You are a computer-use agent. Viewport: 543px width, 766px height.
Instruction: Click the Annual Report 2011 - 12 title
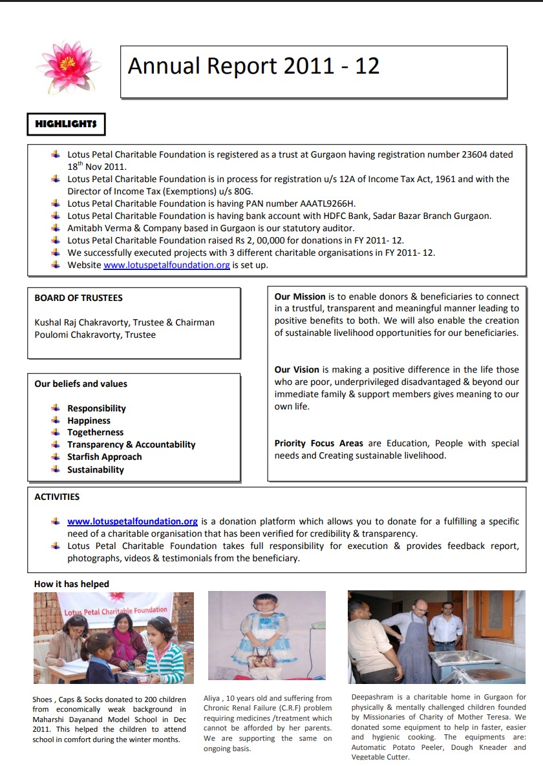pyautogui.click(x=253, y=66)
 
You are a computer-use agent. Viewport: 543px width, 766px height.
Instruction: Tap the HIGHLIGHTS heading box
pyautogui.click(x=66, y=123)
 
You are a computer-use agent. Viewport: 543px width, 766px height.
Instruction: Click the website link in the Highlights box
pyautogui.click(x=167, y=265)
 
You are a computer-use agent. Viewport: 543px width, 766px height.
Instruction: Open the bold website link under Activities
pyautogui.click(x=133, y=521)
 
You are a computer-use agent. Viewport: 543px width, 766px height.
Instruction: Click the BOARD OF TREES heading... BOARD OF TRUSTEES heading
pyautogui.click(x=79, y=298)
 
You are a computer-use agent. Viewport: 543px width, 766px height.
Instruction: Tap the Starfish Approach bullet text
pyautogui.click(x=105, y=457)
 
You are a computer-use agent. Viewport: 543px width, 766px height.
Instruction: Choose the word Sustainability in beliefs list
pyautogui.click(x=96, y=470)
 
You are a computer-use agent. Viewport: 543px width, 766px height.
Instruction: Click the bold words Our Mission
pyautogui.click(x=300, y=296)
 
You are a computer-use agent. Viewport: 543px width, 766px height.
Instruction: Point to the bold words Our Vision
pyautogui.click(x=297, y=369)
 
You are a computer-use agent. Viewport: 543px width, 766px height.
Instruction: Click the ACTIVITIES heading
pyautogui.click(x=58, y=497)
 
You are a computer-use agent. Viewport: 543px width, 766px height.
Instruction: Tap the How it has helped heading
pyautogui.click(x=72, y=584)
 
